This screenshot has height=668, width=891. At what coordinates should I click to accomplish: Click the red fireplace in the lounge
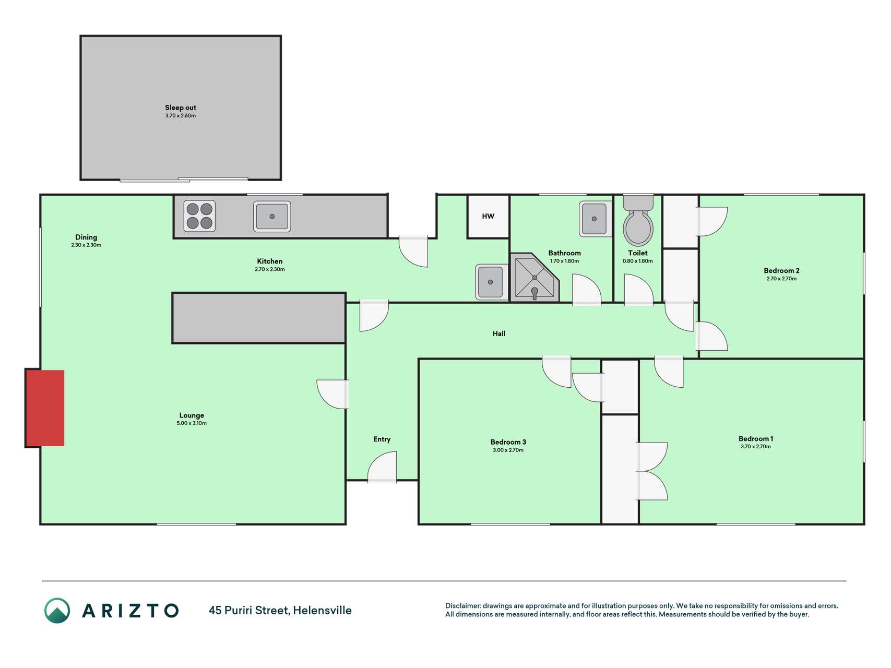[45, 408]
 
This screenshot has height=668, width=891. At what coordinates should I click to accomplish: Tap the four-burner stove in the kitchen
[199, 216]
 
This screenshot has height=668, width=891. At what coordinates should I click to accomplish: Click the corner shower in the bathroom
[534, 278]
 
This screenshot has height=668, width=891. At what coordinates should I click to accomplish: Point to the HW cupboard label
[488, 216]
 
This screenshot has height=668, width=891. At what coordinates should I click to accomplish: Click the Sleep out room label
[181, 108]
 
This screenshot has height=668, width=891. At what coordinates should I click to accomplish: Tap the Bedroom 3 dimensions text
[508, 450]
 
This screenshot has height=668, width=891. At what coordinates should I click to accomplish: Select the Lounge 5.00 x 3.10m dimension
[192, 423]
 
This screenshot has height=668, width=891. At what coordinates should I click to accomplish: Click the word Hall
[499, 333]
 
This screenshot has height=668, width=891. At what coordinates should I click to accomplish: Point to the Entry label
[382, 439]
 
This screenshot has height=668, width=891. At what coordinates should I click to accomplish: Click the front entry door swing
[382, 467]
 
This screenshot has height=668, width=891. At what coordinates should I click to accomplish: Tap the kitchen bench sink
[272, 216]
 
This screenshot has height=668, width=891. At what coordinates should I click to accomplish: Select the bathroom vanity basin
[595, 219]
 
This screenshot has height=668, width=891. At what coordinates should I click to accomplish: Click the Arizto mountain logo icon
[57, 611]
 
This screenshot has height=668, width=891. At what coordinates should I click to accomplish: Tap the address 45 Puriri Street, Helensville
[280, 610]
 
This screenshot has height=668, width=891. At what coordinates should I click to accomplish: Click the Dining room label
[86, 237]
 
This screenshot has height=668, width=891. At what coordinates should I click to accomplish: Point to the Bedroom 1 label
[756, 438]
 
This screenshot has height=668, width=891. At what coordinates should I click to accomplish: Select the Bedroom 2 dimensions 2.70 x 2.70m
[781, 279]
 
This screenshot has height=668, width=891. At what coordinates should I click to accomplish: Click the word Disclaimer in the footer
[462, 606]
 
